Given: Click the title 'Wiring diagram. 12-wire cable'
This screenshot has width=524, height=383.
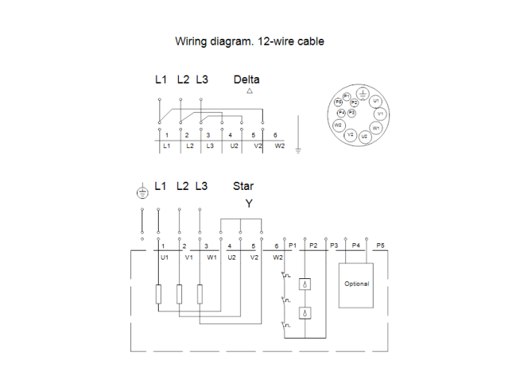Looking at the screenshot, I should pos(249,41).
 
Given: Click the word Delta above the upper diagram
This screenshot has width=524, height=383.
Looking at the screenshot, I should pos(246,79).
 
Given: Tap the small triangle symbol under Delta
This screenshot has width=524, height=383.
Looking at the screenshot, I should pos(249,91).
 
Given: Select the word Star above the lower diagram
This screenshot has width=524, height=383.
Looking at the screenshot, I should pos(243,186).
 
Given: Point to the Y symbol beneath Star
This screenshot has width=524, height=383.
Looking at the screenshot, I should pos(249,203).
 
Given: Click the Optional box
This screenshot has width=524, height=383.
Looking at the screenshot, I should pos(356,284).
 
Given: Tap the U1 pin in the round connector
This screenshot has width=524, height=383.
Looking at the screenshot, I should pos(377,100).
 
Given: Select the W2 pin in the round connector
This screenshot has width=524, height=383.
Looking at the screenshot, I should pos(338,124).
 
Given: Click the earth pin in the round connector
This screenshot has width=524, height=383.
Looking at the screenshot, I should pos(362,94).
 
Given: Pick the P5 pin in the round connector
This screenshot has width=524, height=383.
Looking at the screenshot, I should pos(338,101).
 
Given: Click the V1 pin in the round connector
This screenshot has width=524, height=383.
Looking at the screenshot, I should pos(380,114).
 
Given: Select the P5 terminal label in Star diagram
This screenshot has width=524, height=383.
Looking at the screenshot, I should pos(380,245).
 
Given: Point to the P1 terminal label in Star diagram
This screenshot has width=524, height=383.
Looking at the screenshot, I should pos(293,245).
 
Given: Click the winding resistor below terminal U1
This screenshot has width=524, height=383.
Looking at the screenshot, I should pos(159,294).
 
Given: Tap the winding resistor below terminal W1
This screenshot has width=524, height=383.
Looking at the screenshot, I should pos(200,294).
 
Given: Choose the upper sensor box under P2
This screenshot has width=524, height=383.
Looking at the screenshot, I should pos(305,284).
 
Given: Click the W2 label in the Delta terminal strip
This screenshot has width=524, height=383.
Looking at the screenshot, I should pos(280,146).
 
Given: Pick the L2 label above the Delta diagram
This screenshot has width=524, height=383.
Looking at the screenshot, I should pos(183,79).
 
